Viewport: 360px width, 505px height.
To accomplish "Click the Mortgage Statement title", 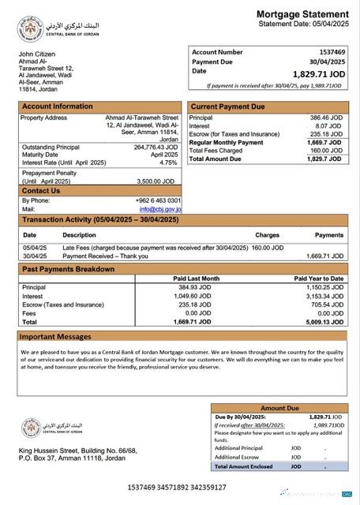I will (x=302, y=14).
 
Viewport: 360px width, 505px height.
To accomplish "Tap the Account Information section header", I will (x=57, y=107).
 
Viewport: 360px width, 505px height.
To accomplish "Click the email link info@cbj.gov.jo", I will (x=160, y=209).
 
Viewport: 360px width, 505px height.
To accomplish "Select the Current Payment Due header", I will (x=227, y=107).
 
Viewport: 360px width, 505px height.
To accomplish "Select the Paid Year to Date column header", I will (x=318, y=279).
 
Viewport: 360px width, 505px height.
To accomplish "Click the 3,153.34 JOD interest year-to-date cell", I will (x=323, y=296).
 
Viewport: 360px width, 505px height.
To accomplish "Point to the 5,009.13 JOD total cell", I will (x=323, y=322).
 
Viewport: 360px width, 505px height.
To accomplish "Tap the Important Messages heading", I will (x=55, y=337).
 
